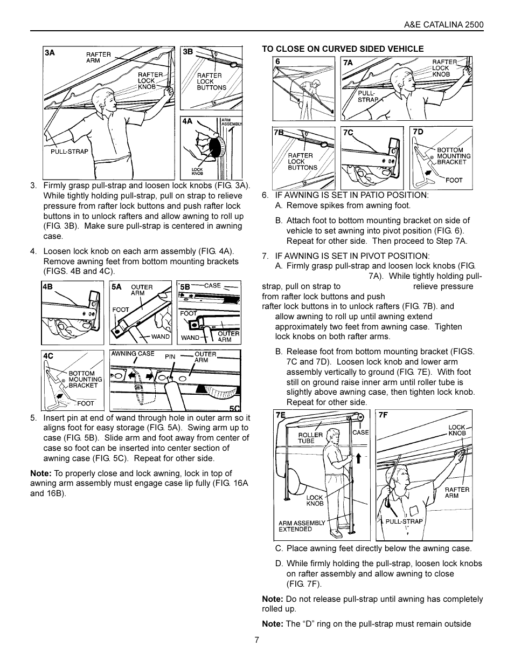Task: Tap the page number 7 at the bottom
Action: point(257,640)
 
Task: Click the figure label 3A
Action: point(50,53)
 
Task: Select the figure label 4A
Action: point(187,122)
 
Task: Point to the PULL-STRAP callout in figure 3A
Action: point(69,152)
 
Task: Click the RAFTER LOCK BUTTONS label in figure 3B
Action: point(211,81)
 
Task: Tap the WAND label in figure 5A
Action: point(160,337)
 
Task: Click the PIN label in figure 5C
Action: point(170,356)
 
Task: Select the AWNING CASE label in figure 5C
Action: point(133,354)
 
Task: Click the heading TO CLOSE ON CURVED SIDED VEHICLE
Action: point(343,49)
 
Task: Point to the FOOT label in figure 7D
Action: point(454,180)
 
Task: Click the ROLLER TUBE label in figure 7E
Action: point(310,438)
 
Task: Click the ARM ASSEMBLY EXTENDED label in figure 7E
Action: point(302,526)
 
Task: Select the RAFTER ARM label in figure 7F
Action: point(457,492)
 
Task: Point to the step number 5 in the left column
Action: point(33,417)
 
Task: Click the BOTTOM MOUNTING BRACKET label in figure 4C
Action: point(85,379)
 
